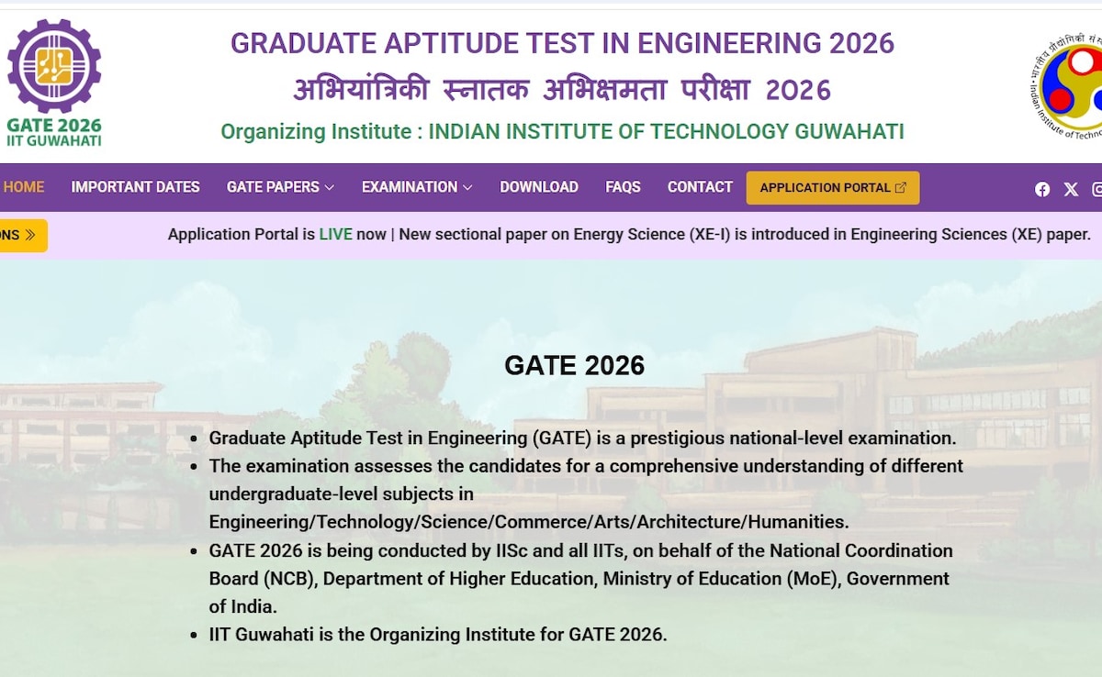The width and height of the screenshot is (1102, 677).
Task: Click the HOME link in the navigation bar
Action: (x=24, y=187)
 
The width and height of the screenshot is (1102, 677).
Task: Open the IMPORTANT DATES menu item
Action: (x=135, y=187)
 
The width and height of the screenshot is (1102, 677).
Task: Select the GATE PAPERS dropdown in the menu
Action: (x=280, y=187)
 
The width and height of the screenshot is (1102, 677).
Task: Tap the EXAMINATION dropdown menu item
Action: (x=417, y=187)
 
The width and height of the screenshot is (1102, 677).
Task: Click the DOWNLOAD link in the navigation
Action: (x=539, y=187)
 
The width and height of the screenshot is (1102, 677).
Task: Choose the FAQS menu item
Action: (x=623, y=187)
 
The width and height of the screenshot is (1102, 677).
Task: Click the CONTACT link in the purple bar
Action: (x=700, y=187)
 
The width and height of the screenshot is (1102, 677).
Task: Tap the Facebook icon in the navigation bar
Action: (x=1042, y=189)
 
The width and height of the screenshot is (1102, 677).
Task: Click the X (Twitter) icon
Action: (x=1071, y=189)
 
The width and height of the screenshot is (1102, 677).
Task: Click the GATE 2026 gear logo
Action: (x=54, y=66)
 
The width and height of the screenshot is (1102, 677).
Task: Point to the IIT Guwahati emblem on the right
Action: (x=1066, y=87)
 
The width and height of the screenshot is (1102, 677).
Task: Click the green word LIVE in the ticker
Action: (x=335, y=234)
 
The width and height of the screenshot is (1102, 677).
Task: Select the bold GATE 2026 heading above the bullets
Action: (x=574, y=365)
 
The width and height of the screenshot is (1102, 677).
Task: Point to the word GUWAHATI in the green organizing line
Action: (x=849, y=132)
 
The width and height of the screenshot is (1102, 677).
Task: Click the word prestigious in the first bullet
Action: (x=678, y=438)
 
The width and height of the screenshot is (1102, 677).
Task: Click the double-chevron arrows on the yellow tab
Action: (x=30, y=235)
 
